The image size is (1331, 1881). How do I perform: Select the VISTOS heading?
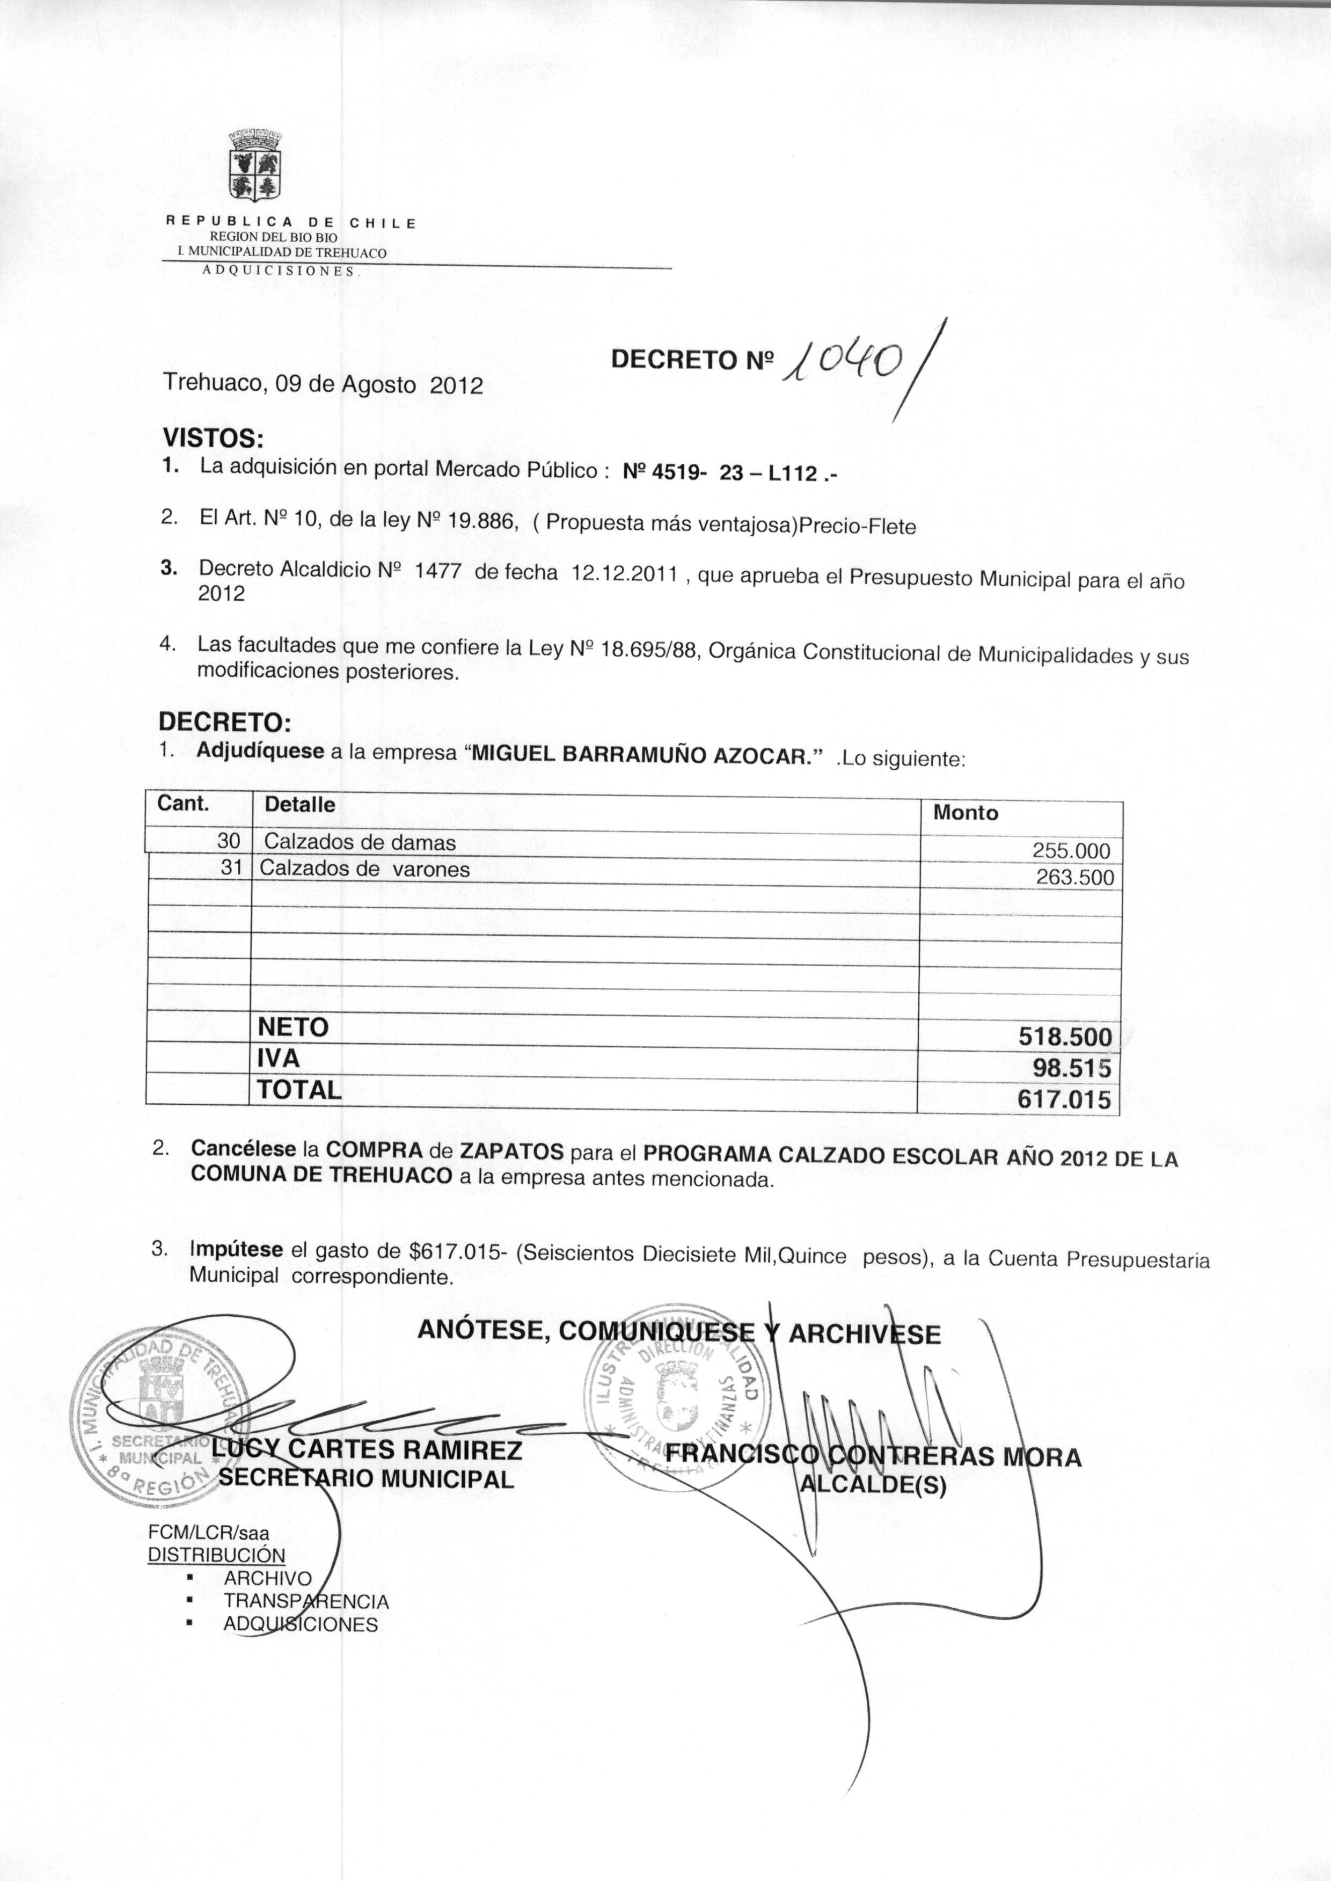(x=213, y=438)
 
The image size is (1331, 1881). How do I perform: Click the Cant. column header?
(x=184, y=803)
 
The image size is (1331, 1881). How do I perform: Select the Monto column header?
(x=966, y=813)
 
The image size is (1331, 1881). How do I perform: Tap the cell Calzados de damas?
(x=360, y=842)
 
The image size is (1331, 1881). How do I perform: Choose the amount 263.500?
(x=1074, y=878)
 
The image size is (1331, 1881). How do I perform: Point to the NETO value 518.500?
(x=1065, y=1037)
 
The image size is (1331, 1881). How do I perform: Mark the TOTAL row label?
(x=299, y=1090)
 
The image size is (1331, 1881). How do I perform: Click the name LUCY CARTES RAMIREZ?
(x=367, y=1450)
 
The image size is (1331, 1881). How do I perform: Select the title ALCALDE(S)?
(x=873, y=1485)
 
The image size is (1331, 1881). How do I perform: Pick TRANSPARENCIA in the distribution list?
(x=306, y=1601)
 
